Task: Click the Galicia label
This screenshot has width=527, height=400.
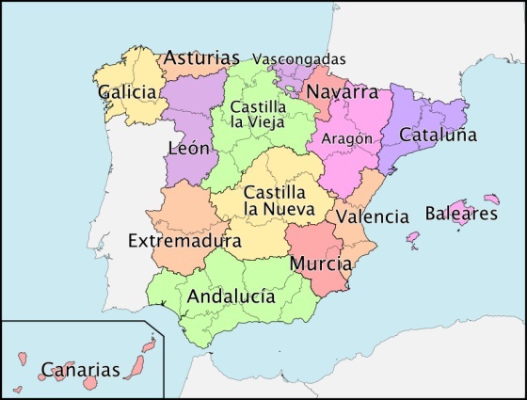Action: point(127,92)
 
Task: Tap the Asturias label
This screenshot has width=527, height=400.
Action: point(201,58)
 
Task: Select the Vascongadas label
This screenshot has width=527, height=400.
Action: point(299,58)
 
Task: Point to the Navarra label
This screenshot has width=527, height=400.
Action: point(342,92)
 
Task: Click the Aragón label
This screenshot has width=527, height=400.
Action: point(347,138)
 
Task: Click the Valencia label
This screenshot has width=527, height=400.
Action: point(373,216)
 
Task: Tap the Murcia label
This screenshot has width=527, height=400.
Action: point(321,264)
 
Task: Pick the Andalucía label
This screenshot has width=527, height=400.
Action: point(232,296)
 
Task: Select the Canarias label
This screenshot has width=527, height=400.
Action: point(81,370)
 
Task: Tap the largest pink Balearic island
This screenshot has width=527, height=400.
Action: point(458,209)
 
